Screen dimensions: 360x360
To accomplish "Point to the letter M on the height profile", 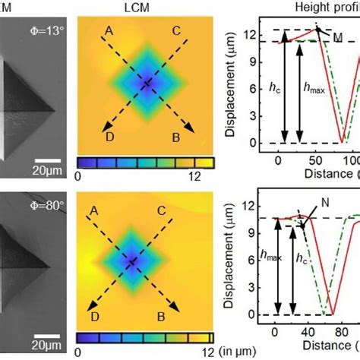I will click(x=339, y=38).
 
